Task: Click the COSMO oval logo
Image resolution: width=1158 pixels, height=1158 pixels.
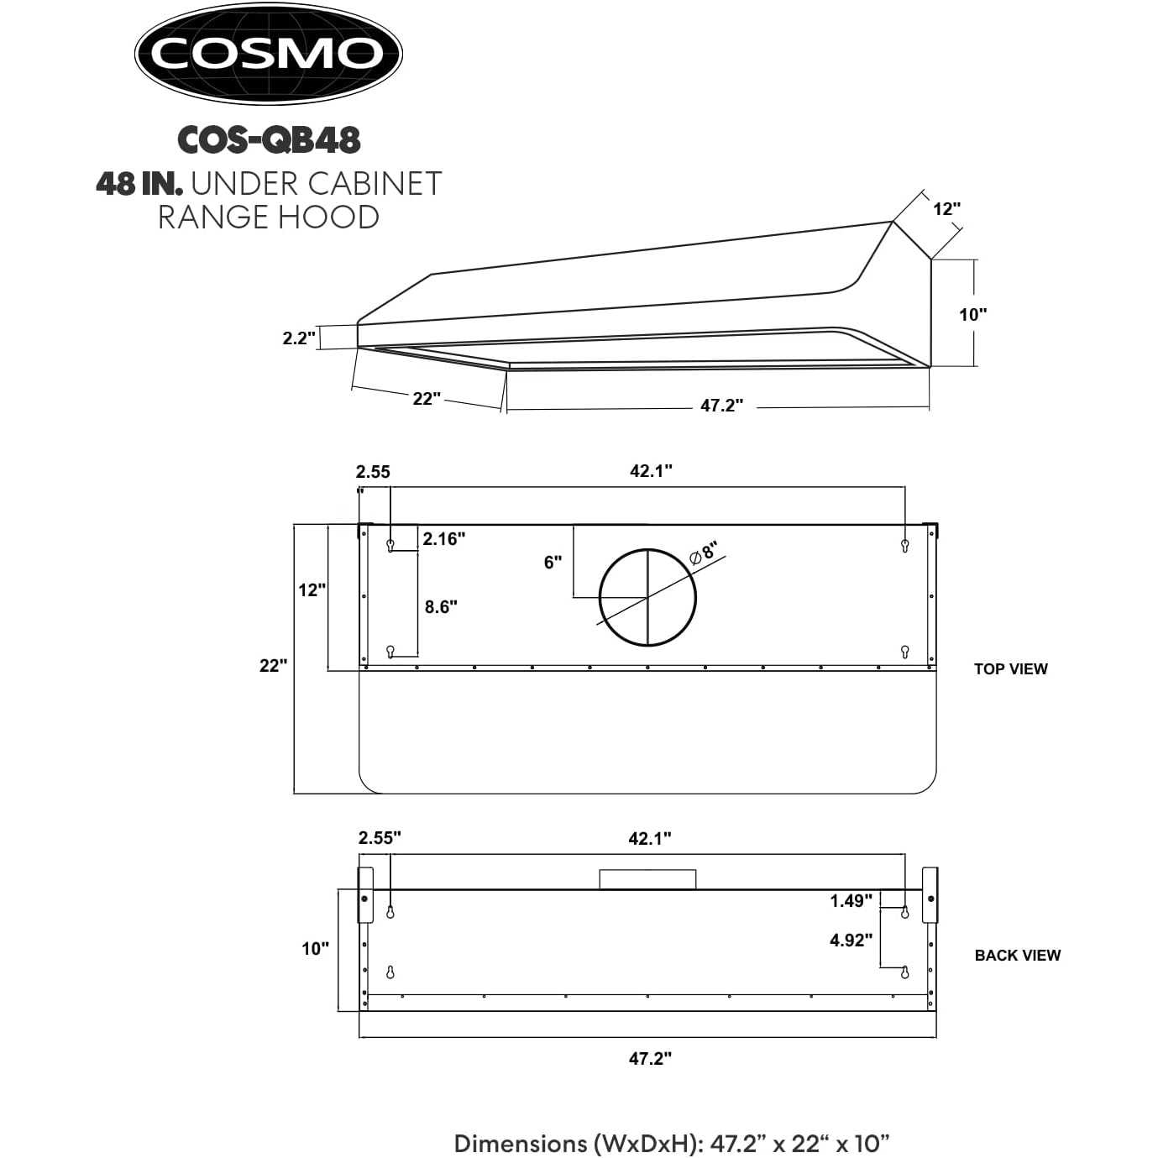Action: click(269, 54)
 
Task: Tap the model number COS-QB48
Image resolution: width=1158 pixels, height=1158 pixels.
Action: click(270, 140)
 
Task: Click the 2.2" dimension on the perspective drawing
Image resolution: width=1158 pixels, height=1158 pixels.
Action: click(299, 338)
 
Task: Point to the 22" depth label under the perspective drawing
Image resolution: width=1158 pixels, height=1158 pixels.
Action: click(427, 398)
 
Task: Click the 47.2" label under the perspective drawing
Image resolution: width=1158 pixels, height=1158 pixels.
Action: click(721, 406)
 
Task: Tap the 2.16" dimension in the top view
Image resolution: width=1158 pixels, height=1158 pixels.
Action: click(443, 539)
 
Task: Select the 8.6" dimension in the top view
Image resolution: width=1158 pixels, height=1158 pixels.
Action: click(441, 607)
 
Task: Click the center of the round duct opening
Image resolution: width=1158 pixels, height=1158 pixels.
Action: click(647, 598)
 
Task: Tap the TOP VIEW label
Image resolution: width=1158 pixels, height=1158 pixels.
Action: click(1011, 668)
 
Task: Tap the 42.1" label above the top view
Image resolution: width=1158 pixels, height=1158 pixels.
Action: click(651, 471)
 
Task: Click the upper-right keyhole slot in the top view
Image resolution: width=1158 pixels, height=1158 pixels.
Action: click(904, 546)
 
